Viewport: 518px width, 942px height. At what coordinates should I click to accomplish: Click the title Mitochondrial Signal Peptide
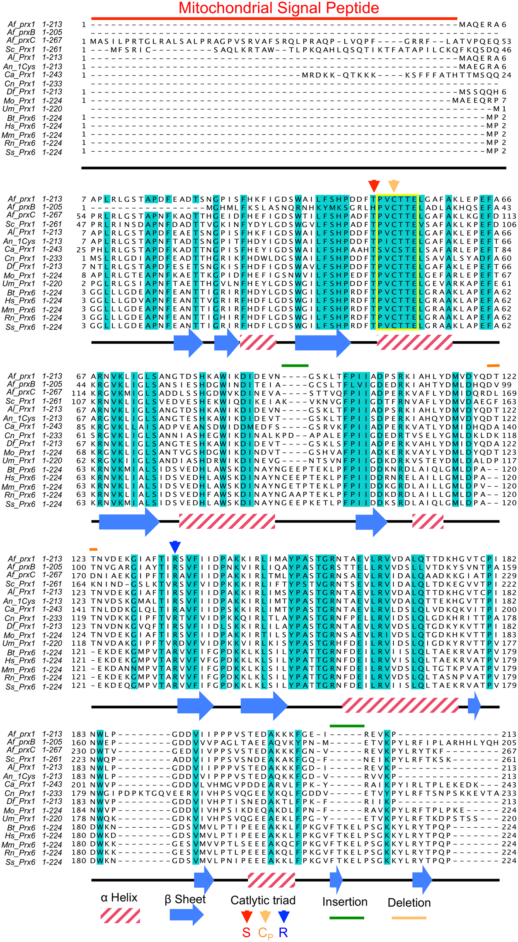pos(278,8)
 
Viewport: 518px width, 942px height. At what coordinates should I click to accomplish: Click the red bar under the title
pos(274,18)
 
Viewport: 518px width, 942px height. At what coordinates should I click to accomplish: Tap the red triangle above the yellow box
pos(374,185)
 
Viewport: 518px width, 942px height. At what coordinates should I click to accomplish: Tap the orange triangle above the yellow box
pos(394,185)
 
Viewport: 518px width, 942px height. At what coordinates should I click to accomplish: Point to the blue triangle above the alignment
pos(175,547)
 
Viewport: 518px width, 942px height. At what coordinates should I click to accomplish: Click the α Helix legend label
pos(119,898)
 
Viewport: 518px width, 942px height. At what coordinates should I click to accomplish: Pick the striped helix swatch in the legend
pos(120,915)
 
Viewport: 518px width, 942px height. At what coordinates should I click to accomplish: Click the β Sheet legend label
pos(185,899)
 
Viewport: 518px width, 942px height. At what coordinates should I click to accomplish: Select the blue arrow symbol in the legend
pos(186,915)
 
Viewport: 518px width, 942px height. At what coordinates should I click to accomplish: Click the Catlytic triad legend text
pos(263,900)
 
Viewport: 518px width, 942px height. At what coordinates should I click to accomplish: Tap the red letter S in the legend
pos(246,932)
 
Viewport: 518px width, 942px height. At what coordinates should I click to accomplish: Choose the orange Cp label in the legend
pos(266,933)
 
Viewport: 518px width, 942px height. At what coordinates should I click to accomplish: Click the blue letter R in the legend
pos(283,932)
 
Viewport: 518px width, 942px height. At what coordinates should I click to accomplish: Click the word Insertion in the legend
pos(345,902)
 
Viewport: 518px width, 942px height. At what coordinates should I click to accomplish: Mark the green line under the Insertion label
pos(346,918)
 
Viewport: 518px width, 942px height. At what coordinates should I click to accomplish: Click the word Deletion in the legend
pos(409,903)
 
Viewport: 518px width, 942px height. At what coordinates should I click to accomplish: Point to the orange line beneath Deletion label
pos(409,918)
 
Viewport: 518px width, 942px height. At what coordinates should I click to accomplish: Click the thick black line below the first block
pos(293,168)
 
